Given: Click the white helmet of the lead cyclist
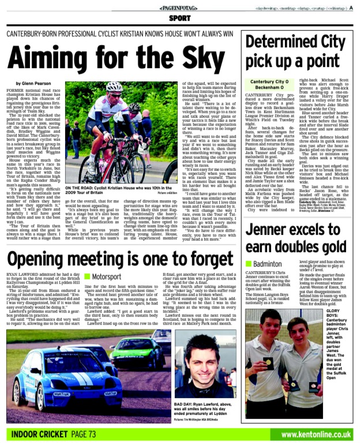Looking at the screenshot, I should point(114,87).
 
